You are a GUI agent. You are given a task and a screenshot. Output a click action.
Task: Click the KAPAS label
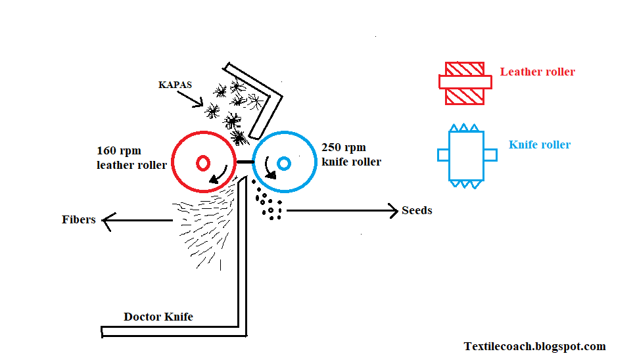(176, 85)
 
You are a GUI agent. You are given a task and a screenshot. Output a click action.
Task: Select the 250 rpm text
(344, 147)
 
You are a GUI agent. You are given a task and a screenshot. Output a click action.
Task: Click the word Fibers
(79, 219)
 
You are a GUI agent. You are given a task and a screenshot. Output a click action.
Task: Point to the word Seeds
(417, 211)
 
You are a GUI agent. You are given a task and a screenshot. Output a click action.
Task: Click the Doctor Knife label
(158, 317)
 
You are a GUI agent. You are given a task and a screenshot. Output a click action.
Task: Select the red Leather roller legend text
(537, 72)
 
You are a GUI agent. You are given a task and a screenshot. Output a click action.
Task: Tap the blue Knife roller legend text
(540, 145)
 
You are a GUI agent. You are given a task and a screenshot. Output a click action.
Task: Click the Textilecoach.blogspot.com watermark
(534, 346)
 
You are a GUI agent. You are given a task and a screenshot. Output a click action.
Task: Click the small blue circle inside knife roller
(284, 162)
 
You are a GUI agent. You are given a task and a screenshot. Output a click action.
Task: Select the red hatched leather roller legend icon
(465, 83)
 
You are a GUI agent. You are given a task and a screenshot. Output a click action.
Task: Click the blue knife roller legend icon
(467, 156)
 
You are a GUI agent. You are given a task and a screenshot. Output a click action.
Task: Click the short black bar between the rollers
(245, 161)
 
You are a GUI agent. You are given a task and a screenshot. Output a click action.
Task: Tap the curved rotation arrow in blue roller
(270, 172)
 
